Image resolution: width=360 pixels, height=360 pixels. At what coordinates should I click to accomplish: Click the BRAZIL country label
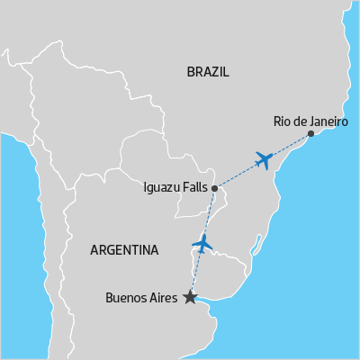click(208, 72)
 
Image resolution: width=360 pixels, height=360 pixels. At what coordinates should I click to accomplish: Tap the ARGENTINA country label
click(124, 250)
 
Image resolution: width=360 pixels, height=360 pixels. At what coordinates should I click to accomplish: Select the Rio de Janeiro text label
click(310, 121)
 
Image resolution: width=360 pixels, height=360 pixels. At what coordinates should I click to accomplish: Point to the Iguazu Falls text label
click(175, 188)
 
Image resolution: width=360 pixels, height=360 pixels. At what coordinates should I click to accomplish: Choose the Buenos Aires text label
click(141, 297)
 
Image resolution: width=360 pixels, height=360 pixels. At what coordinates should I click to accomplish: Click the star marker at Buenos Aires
click(190, 296)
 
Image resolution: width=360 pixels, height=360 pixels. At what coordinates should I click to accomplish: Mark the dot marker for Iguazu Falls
click(214, 188)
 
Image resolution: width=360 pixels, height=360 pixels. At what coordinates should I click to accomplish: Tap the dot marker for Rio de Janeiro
click(310, 134)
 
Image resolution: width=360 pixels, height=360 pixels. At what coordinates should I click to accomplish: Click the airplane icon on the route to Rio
click(264, 159)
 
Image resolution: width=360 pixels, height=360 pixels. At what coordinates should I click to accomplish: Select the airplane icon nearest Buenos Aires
click(202, 242)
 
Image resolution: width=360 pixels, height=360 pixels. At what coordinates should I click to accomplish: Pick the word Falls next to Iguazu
click(194, 188)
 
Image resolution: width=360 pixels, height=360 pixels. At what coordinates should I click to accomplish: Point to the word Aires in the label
click(163, 297)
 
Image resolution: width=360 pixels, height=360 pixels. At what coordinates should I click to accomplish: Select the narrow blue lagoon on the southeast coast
click(258, 244)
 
